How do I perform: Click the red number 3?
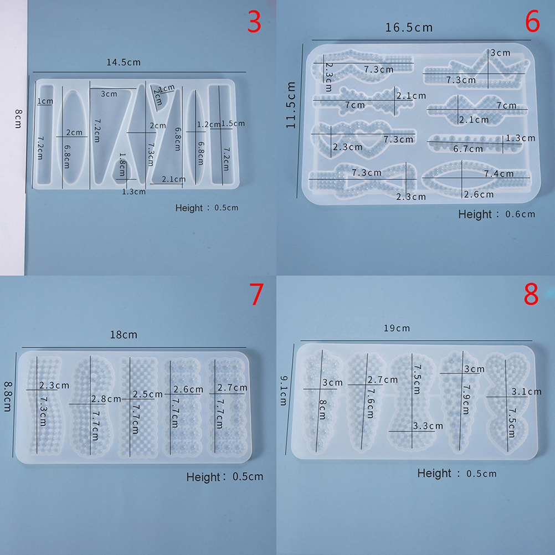254,22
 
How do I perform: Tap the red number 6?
532,21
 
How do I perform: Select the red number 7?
256,294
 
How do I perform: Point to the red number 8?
531,294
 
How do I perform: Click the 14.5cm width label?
124,62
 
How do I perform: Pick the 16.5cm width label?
409,28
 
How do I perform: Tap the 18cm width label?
124,335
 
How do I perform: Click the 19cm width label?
397,328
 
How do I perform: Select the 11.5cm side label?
291,105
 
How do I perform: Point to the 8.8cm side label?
7,396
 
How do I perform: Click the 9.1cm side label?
284,390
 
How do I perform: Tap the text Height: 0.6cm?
497,214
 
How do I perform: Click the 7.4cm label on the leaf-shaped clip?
499,173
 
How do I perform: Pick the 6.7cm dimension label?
468,149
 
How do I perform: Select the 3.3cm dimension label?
428,426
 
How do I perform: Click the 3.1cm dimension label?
527,392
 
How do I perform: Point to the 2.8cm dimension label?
106,399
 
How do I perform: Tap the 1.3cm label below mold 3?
134,192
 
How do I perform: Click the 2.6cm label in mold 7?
188,390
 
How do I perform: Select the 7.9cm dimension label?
466,399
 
